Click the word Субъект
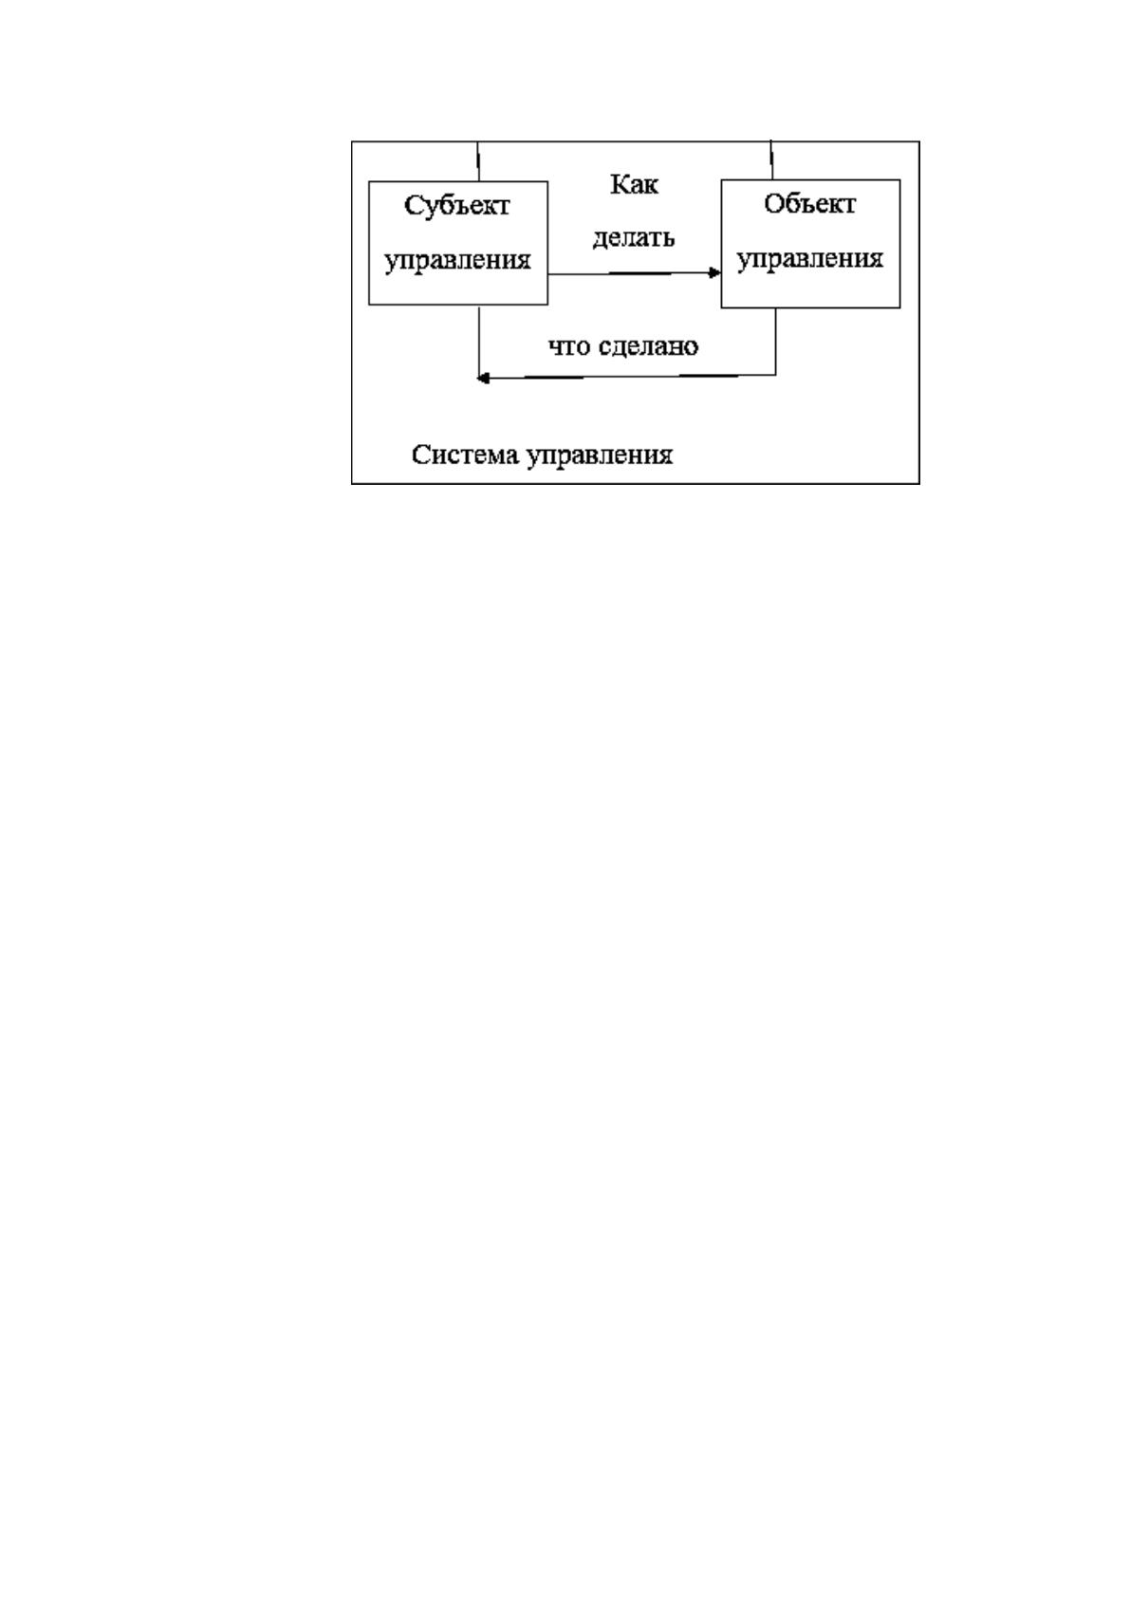pos(456,206)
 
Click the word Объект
pos(809,204)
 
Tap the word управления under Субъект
pos(458,260)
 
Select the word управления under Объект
pos(809,259)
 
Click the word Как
pos(634,184)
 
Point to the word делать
pos(634,238)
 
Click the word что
pos(569,346)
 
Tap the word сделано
pos(648,346)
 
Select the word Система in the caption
pos(465,455)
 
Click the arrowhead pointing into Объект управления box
pos(714,272)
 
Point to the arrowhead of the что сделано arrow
pos(483,378)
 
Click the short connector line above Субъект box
pos(478,161)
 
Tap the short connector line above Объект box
pos(771,159)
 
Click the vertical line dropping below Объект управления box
pos(775,341)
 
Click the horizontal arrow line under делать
pos(634,273)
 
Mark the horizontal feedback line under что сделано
pos(626,376)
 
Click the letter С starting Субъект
pos(413,206)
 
